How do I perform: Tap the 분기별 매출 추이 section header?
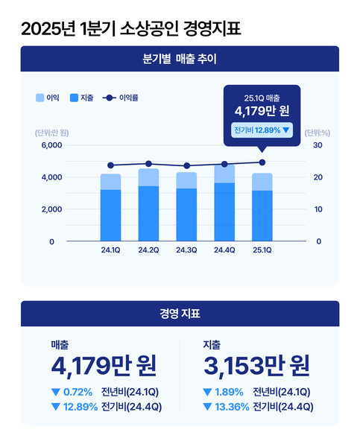point(180,58)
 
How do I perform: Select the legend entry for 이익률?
point(123,98)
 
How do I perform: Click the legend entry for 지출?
point(81,98)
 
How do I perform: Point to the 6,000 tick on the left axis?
point(51,145)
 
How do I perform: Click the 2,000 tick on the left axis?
point(51,209)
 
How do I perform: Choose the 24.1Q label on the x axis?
point(110,250)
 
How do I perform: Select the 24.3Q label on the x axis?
point(186,250)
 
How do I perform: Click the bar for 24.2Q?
point(148,205)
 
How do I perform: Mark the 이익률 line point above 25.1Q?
point(262,162)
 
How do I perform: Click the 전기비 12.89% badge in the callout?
point(262,130)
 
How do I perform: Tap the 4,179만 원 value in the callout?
point(262,112)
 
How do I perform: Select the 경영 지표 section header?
point(180,314)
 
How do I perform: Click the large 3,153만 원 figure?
point(256,366)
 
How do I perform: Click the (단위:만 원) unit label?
point(51,133)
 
